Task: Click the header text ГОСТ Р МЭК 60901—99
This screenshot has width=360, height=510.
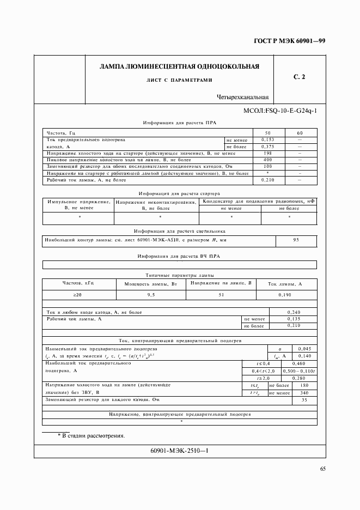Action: coord(294,41)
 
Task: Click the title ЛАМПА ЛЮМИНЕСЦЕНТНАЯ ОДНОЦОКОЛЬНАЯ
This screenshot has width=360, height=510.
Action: coord(179,66)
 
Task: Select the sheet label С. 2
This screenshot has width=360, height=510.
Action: coord(300,77)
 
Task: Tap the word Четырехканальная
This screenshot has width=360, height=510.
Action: coord(243,98)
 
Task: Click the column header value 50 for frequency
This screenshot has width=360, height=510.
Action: coord(267,133)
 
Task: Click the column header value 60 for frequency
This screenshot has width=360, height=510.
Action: coord(300,133)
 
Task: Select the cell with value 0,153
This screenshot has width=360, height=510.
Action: coord(267,140)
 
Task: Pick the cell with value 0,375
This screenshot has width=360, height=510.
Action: coord(267,147)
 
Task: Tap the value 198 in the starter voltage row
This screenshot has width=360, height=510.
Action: coord(267,154)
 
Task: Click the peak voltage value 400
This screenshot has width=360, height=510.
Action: coord(267,160)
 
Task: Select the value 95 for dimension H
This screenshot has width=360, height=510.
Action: coord(296,240)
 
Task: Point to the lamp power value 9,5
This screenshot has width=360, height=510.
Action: coord(151,295)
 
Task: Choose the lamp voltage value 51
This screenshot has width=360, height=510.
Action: coord(221,295)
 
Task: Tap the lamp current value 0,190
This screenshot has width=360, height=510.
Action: coord(285,295)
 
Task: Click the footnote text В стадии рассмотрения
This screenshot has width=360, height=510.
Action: coord(91,436)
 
